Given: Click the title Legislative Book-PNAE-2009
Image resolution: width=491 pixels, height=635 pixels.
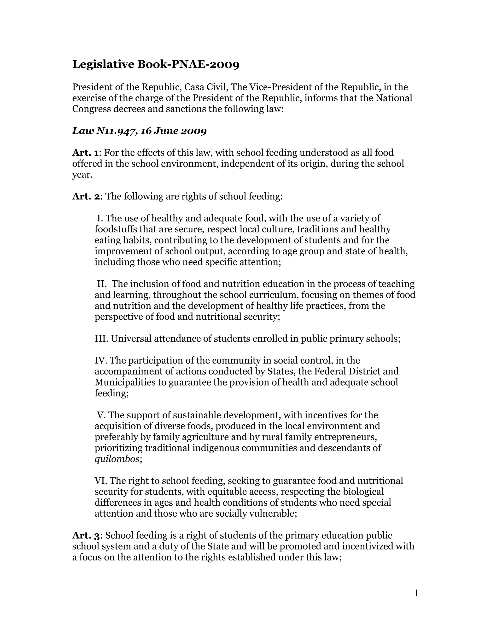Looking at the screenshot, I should [156, 64].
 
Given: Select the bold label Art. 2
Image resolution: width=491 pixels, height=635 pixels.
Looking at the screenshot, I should [86, 196].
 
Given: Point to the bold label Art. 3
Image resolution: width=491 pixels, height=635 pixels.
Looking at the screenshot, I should [86, 535].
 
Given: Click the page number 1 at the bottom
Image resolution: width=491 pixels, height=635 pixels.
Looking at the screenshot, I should [416, 593].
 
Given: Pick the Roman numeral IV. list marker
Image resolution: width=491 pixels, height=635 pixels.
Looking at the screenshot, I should [101, 361].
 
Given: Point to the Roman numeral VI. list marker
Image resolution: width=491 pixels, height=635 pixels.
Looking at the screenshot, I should [101, 481].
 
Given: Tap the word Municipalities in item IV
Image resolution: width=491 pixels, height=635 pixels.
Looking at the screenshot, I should [125, 382].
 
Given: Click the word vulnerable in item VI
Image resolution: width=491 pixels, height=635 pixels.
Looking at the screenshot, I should [272, 514].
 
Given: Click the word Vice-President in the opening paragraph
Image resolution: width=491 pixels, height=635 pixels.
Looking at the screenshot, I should [279, 87].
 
